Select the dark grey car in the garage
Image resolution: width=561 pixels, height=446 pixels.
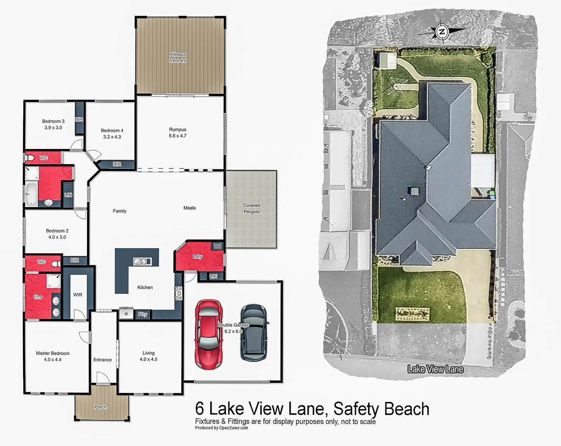(x=254, y=333)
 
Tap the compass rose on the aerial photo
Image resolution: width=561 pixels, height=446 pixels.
(x=442, y=32)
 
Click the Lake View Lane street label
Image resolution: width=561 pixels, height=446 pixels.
(x=435, y=369)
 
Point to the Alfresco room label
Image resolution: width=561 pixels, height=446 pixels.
(x=178, y=55)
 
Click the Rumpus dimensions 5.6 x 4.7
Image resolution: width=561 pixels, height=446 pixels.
(x=178, y=136)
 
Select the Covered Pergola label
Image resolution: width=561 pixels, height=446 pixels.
(x=251, y=209)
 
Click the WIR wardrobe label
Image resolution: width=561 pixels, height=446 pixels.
(x=78, y=295)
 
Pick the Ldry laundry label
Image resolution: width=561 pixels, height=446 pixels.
(x=197, y=256)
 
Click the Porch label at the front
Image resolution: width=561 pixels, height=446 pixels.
(x=100, y=407)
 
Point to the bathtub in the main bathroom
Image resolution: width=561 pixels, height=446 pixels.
(x=31, y=195)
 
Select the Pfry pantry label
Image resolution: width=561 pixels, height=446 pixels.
(x=143, y=314)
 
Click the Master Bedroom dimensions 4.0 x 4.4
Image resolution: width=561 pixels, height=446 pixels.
(x=52, y=360)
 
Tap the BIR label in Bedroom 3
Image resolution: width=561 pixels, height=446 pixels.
(x=79, y=120)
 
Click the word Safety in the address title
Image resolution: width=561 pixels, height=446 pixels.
(x=356, y=409)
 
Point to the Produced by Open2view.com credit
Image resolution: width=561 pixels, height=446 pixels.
(x=221, y=428)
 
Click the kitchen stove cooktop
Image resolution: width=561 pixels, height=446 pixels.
(x=178, y=293)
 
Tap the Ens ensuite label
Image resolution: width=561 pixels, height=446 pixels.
(x=38, y=297)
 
